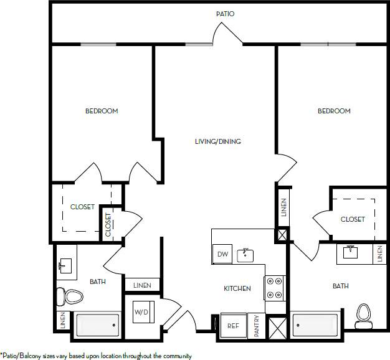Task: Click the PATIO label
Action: pyautogui.click(x=225, y=13)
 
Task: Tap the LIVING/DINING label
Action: pyautogui.click(x=217, y=141)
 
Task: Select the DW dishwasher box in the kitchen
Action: pyautogui.click(x=221, y=254)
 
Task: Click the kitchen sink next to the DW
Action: pyautogui.click(x=246, y=255)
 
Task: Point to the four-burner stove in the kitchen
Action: pyautogui.click(x=274, y=288)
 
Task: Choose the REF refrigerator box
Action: pyautogui.click(x=233, y=326)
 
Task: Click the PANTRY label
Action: pyautogui.click(x=257, y=326)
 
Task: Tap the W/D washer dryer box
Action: pyautogui.click(x=141, y=313)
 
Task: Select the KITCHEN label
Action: pyautogui.click(x=237, y=288)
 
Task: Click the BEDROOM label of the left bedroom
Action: pyautogui.click(x=102, y=111)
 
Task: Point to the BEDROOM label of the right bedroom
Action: pyautogui.click(x=334, y=111)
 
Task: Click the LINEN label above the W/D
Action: pyautogui.click(x=141, y=285)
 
